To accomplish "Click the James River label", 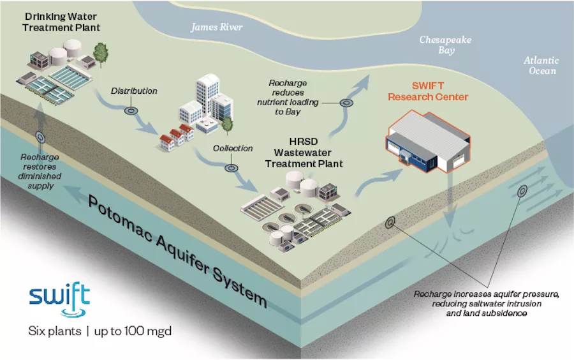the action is (x=216, y=27).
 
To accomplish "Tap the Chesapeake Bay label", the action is (x=446, y=45).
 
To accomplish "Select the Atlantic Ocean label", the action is (x=541, y=65).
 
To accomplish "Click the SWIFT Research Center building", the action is (x=428, y=141).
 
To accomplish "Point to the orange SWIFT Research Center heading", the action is (x=428, y=91).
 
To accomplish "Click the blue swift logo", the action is (x=60, y=299).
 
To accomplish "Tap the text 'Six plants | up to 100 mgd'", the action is (x=100, y=331).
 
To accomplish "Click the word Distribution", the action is (x=134, y=91).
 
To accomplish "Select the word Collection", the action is (x=233, y=148).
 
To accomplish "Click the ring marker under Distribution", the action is (x=131, y=110).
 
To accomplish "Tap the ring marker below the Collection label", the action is (x=232, y=168).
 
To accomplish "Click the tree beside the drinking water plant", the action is (x=100, y=55).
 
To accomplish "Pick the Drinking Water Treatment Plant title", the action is (x=61, y=22).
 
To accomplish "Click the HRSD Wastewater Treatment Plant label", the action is (x=304, y=153).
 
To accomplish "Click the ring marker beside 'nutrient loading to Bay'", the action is (x=346, y=103).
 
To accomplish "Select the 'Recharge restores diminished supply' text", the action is (x=40, y=172).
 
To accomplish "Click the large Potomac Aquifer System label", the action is (x=177, y=251).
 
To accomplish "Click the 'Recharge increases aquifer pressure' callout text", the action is (x=486, y=304).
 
